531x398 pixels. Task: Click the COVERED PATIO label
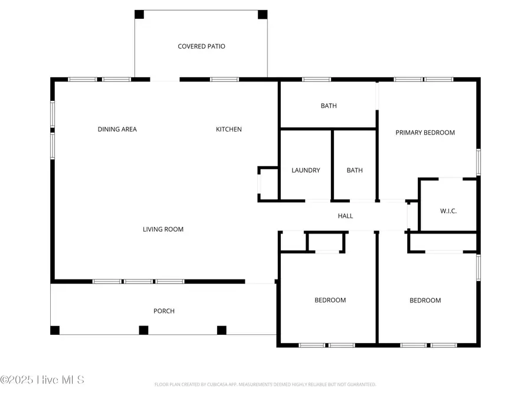(201, 47)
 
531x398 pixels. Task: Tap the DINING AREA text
(117, 129)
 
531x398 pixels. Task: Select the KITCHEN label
(228, 129)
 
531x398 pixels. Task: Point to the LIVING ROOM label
(163, 229)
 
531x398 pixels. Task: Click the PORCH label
(164, 311)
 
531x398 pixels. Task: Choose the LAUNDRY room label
(306, 170)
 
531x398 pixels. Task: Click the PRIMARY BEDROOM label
(425, 133)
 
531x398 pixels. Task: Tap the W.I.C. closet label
(448, 211)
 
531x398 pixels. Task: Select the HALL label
(345, 216)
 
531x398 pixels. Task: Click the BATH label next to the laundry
(355, 170)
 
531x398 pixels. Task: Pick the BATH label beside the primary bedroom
(329, 106)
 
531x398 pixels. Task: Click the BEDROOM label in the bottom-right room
(425, 301)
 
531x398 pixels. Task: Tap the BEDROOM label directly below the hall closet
(330, 300)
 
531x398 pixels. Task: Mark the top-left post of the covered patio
(139, 14)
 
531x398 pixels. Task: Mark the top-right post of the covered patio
(263, 14)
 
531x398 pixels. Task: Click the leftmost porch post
(55, 330)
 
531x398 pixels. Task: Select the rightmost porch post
(222, 330)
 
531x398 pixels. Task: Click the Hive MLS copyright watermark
(42, 380)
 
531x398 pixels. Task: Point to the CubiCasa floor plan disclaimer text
(265, 384)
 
